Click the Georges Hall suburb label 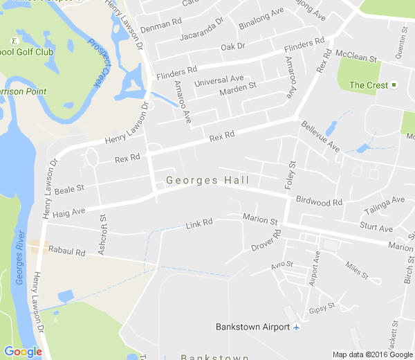click(x=207, y=180)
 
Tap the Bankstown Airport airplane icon click(x=297, y=327)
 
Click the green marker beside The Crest click(x=394, y=85)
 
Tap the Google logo click(x=23, y=352)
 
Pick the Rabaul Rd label click(x=66, y=253)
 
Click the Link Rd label click(x=199, y=224)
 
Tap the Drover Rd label click(x=266, y=242)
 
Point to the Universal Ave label click(x=219, y=81)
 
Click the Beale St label click(x=69, y=189)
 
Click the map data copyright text click(x=372, y=354)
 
